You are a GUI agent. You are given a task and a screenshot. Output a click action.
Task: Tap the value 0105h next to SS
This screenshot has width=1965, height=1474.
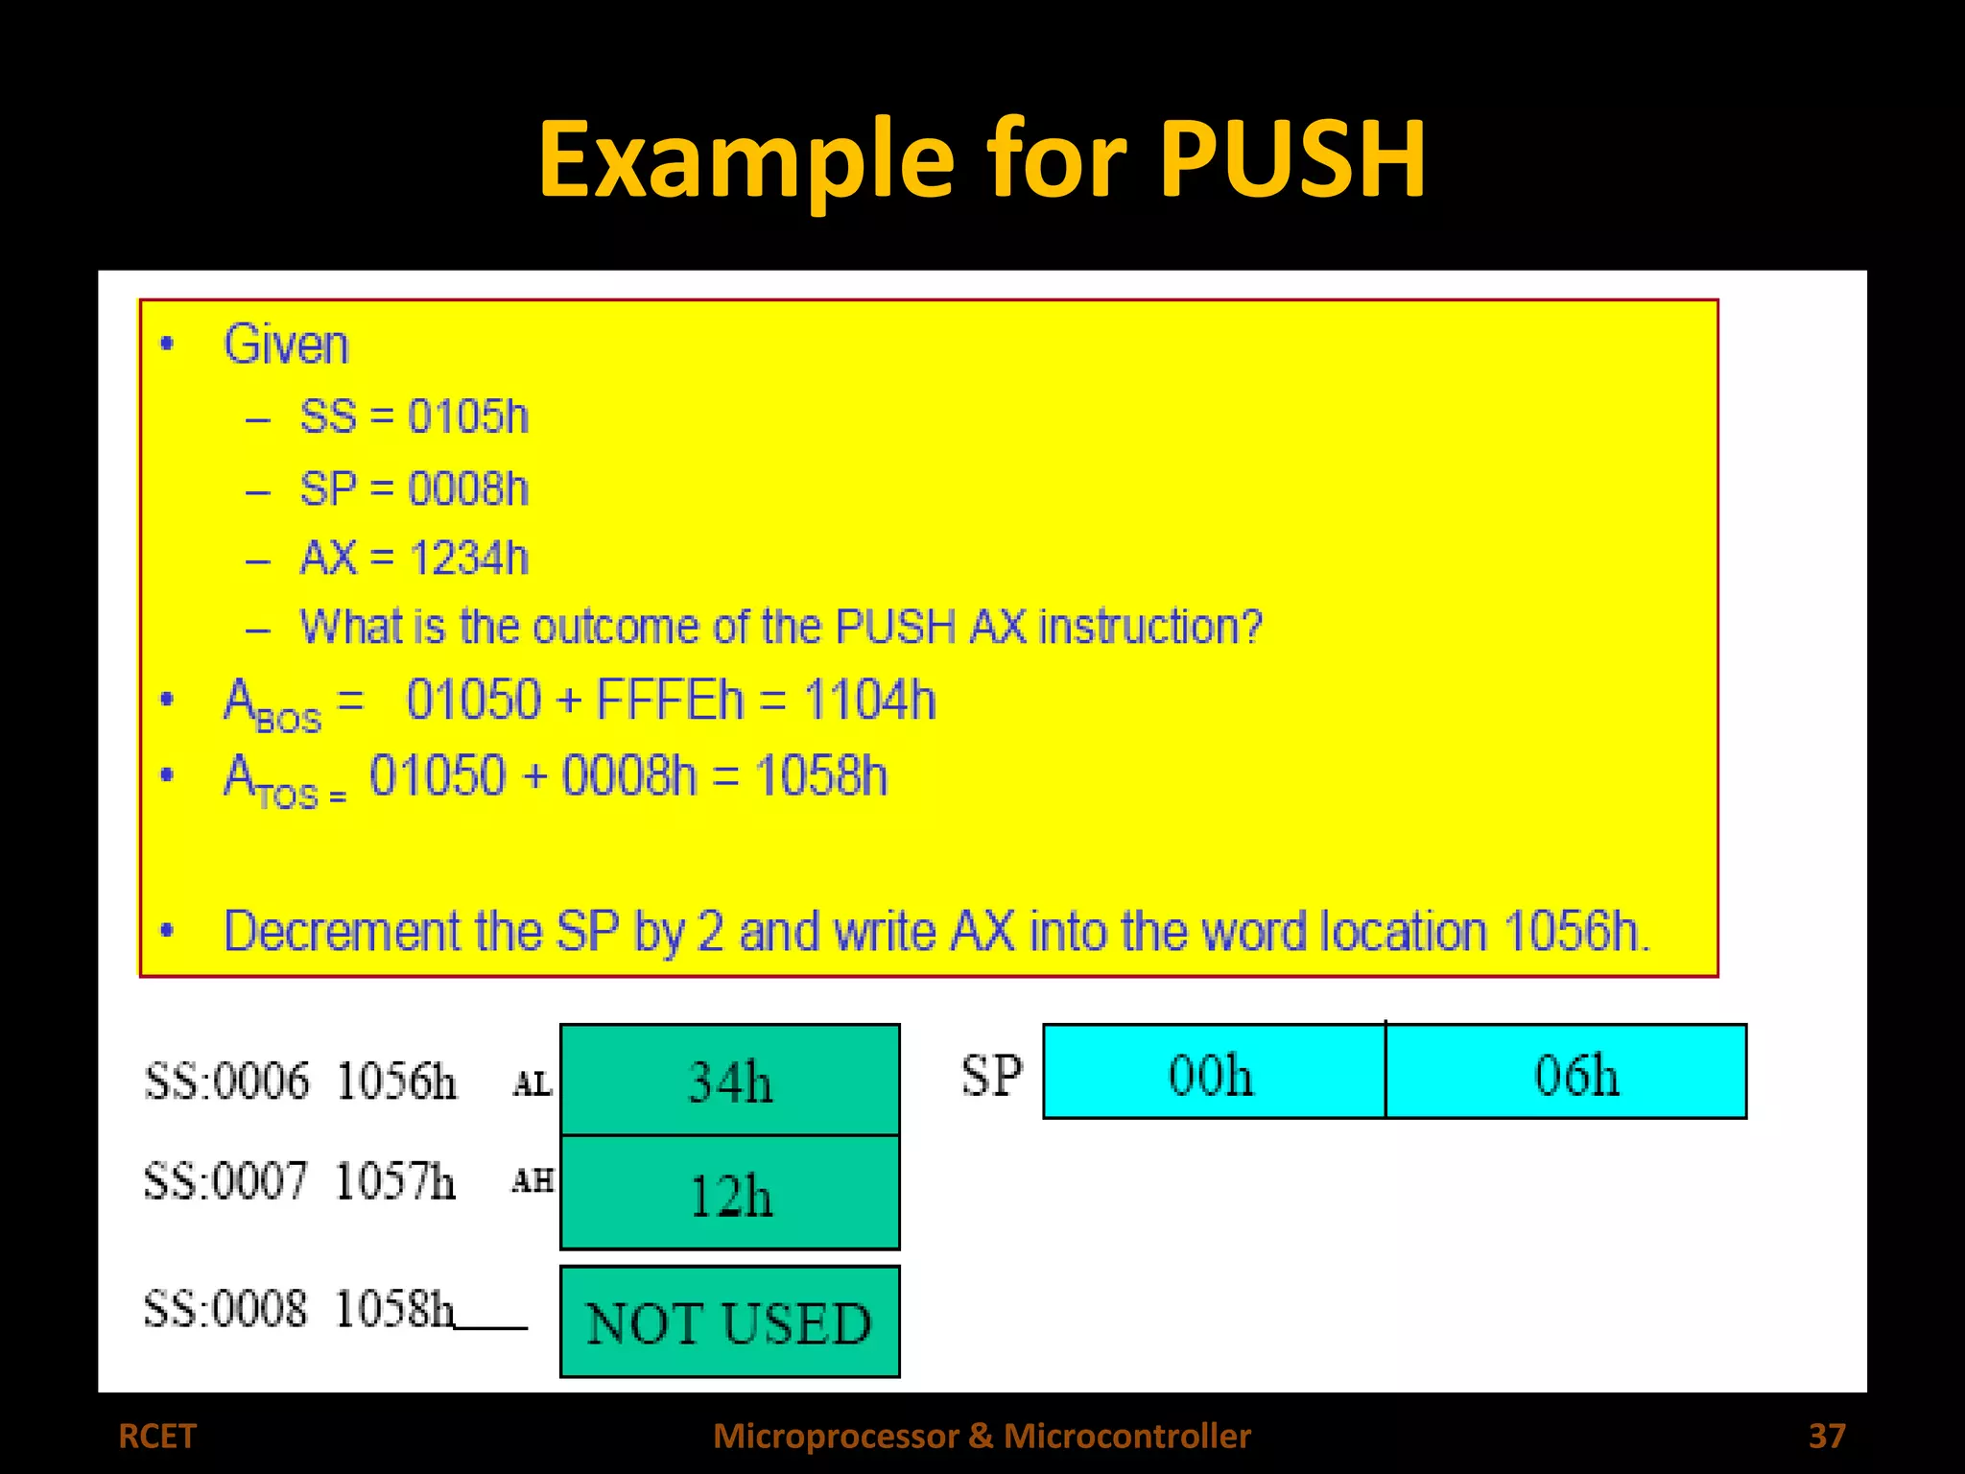[468, 416]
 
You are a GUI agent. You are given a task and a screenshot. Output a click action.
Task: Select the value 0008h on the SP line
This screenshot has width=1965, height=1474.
[468, 488]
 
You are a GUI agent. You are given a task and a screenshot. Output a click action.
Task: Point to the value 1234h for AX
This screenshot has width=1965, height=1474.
[468, 558]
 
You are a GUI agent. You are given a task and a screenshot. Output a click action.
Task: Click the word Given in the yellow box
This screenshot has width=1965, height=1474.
[286, 345]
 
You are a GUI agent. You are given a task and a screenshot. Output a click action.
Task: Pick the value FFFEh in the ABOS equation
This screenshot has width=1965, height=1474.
[670, 699]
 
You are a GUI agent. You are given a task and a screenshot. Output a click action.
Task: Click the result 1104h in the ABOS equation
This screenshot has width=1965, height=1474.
[869, 699]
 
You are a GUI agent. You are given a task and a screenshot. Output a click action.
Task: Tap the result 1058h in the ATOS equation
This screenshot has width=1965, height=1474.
[821, 775]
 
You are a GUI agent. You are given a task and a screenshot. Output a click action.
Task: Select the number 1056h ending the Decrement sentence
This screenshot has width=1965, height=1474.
[1572, 931]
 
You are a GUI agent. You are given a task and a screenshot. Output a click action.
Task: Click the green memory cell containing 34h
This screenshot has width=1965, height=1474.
[730, 1080]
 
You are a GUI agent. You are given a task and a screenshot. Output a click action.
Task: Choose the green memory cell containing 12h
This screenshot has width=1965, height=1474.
[730, 1193]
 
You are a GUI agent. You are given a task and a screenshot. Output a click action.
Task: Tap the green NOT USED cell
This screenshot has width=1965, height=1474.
[730, 1322]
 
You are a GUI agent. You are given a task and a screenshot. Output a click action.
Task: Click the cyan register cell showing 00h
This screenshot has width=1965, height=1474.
[1213, 1072]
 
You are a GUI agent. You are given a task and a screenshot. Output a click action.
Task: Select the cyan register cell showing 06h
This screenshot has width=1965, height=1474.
[1567, 1072]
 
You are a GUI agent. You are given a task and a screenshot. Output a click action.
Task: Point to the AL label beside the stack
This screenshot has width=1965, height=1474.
[532, 1084]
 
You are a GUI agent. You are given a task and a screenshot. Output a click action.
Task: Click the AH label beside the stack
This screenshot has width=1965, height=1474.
[532, 1180]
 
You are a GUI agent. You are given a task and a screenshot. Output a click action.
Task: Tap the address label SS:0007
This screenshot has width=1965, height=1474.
[225, 1180]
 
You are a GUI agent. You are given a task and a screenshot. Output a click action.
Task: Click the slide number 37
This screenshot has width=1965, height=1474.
[1826, 1436]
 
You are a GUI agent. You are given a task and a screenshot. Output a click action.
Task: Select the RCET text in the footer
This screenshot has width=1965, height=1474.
[156, 1436]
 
